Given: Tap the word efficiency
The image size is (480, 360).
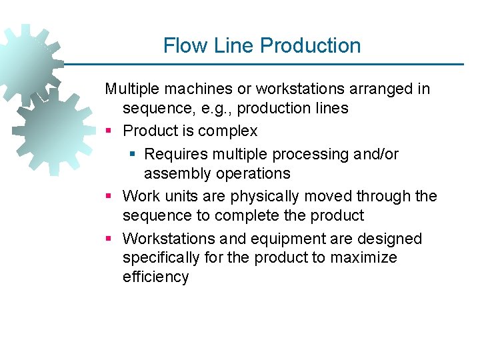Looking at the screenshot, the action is pyautogui.click(x=156, y=277).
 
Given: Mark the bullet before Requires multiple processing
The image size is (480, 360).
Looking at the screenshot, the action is pyautogui.click(x=132, y=155).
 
